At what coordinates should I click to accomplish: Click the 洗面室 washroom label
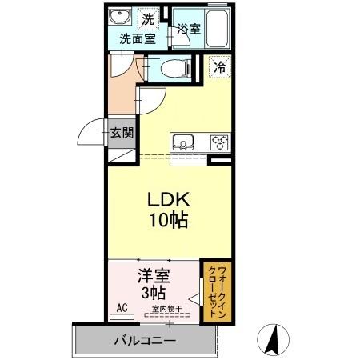coord(137,37)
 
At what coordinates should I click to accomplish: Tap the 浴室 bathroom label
coord(189,28)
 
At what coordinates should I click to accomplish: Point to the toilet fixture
coord(171,69)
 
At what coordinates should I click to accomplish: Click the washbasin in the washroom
coord(122,18)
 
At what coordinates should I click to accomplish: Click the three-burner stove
coord(219,143)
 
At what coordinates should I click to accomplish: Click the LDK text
coord(166,199)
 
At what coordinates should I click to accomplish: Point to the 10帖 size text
coord(166,220)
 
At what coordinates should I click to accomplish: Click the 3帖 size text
coord(154,292)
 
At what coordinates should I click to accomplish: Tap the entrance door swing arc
coord(94,130)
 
